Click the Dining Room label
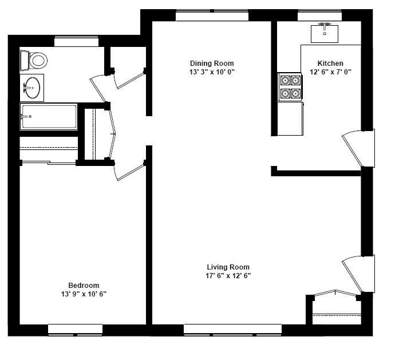click(x=212, y=64)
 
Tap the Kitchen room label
click(x=330, y=64)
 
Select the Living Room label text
click(x=228, y=267)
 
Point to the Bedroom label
click(x=84, y=286)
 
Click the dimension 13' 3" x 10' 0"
click(x=212, y=72)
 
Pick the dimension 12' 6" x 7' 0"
click(x=330, y=72)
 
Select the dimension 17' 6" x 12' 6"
click(x=228, y=276)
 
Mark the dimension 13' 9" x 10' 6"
click(x=84, y=294)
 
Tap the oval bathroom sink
click(x=32, y=88)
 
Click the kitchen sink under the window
click(x=325, y=33)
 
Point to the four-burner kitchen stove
click(x=290, y=86)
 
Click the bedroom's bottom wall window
click(x=75, y=330)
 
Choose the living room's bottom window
click(x=232, y=330)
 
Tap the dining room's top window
click(x=212, y=15)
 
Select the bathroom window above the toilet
click(x=76, y=41)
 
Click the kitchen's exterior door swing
click(x=355, y=148)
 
